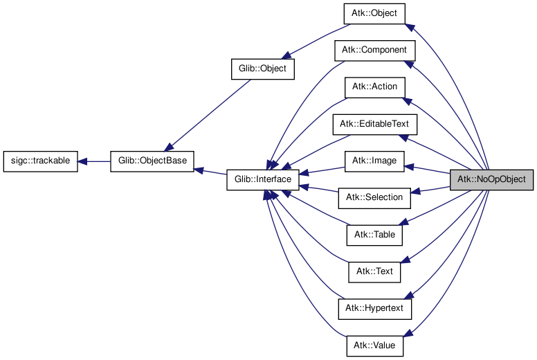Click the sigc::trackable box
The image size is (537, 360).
40,161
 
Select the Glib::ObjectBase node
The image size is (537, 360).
152,161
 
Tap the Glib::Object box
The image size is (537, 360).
262,69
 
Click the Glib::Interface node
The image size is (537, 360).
263,179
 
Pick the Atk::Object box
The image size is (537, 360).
374,14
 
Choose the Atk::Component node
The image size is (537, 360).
374,51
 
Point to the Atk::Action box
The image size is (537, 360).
374,87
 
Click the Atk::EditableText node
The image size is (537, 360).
374,124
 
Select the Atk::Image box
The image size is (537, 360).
374,161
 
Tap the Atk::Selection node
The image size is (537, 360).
374,197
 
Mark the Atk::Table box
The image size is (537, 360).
374,234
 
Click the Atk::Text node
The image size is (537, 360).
374,271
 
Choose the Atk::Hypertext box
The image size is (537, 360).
374,307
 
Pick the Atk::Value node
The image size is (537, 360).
374,344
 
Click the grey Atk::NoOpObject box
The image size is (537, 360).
492,179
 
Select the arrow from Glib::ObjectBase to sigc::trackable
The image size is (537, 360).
94,161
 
